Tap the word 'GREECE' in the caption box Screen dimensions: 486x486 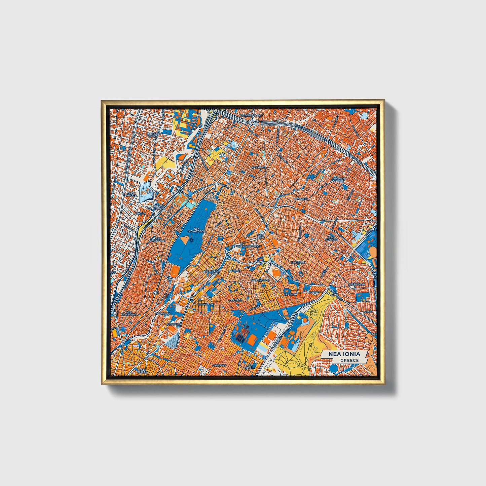coord(349,361)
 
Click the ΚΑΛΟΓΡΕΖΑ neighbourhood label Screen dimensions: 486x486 coord(298,261)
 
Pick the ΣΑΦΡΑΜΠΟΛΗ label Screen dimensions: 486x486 coord(259,279)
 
